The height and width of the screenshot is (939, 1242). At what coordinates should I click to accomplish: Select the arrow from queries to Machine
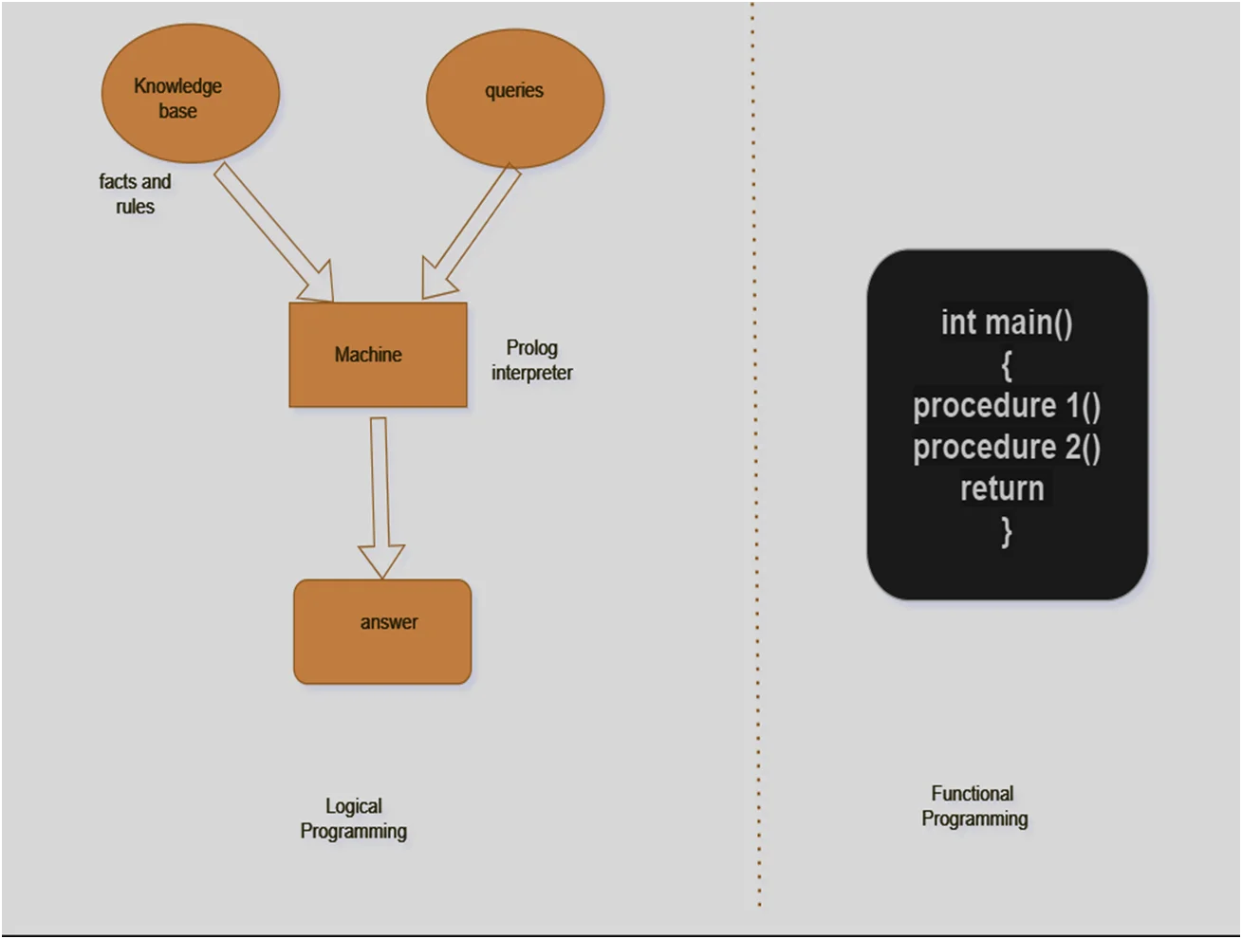click(472, 231)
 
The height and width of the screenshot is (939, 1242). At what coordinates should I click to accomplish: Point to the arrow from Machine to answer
click(380, 493)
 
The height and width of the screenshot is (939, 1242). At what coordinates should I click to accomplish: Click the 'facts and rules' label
click(135, 193)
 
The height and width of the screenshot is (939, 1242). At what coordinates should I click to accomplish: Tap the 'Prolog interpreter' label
click(531, 360)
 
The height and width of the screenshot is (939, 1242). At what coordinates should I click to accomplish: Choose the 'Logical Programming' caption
click(354, 818)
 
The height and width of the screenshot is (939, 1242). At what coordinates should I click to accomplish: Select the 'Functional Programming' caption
click(973, 805)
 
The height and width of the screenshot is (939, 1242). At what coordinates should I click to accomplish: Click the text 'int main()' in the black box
click(1007, 322)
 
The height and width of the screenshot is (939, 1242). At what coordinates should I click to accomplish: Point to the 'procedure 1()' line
click(1007, 406)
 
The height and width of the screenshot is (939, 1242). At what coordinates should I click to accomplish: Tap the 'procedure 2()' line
click(1007, 448)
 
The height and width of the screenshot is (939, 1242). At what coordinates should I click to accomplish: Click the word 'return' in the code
click(1002, 488)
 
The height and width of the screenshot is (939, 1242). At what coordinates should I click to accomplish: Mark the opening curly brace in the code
click(1007, 364)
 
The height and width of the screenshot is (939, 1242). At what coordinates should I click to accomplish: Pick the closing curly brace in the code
click(1007, 531)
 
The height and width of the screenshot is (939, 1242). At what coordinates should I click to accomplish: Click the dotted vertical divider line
click(756, 474)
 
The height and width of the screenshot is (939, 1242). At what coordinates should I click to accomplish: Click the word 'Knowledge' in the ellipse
click(177, 86)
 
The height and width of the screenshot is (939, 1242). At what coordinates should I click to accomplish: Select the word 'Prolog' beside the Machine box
click(531, 348)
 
